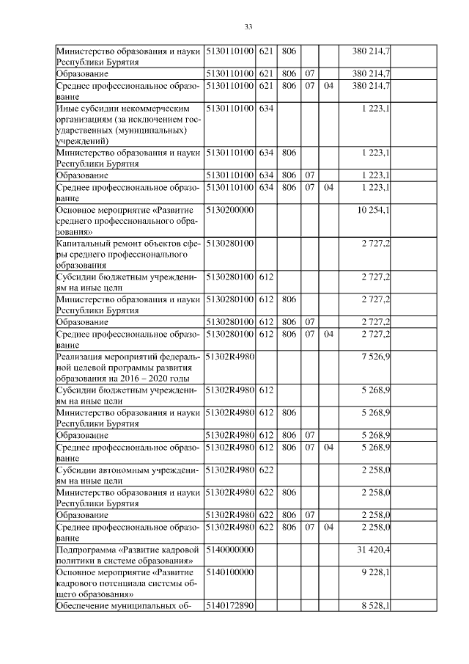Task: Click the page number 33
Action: pos(248,27)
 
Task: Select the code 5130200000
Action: pos(230,211)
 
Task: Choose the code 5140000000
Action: pos(230,549)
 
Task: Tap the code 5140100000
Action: pos(230,572)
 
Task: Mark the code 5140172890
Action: pos(230,606)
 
